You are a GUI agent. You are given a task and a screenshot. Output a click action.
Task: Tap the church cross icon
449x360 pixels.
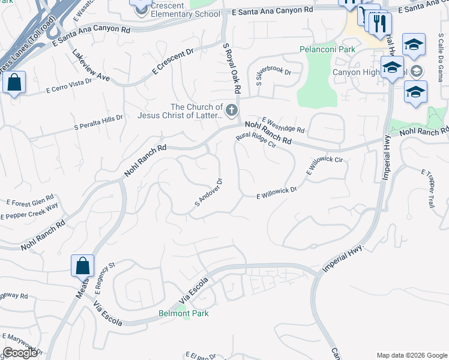tap(232, 110)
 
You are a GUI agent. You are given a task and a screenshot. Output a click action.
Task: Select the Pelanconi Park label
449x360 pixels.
tap(327, 50)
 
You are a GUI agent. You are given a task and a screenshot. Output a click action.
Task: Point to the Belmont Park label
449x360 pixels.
tap(182, 313)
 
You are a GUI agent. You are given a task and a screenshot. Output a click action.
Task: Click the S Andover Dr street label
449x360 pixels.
tap(209, 192)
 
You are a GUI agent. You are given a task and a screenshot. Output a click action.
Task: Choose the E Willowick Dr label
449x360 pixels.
tap(277, 193)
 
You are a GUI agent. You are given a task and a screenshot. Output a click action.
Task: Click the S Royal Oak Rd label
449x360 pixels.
tap(232, 68)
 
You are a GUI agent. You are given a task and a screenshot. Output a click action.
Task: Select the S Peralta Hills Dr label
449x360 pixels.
tap(98, 122)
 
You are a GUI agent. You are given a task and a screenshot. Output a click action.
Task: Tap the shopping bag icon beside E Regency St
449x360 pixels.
tap(82, 265)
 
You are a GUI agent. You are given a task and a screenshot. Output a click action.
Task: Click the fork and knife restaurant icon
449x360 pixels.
tap(380, 23)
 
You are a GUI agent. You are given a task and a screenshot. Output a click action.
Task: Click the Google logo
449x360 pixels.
tap(20, 353)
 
